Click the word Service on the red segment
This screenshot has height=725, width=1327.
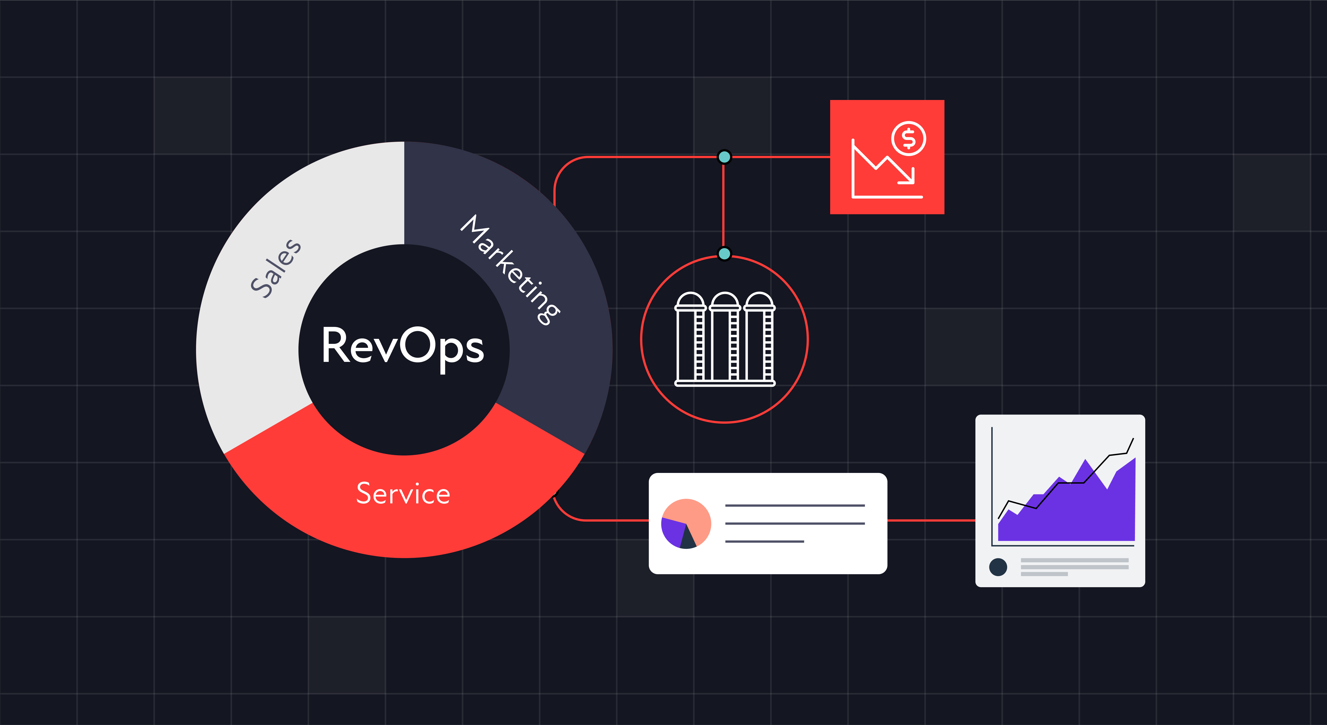[403, 493]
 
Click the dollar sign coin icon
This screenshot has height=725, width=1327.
[909, 138]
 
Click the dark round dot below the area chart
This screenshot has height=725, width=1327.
[998, 567]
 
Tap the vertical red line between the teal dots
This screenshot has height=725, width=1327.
[724, 206]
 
